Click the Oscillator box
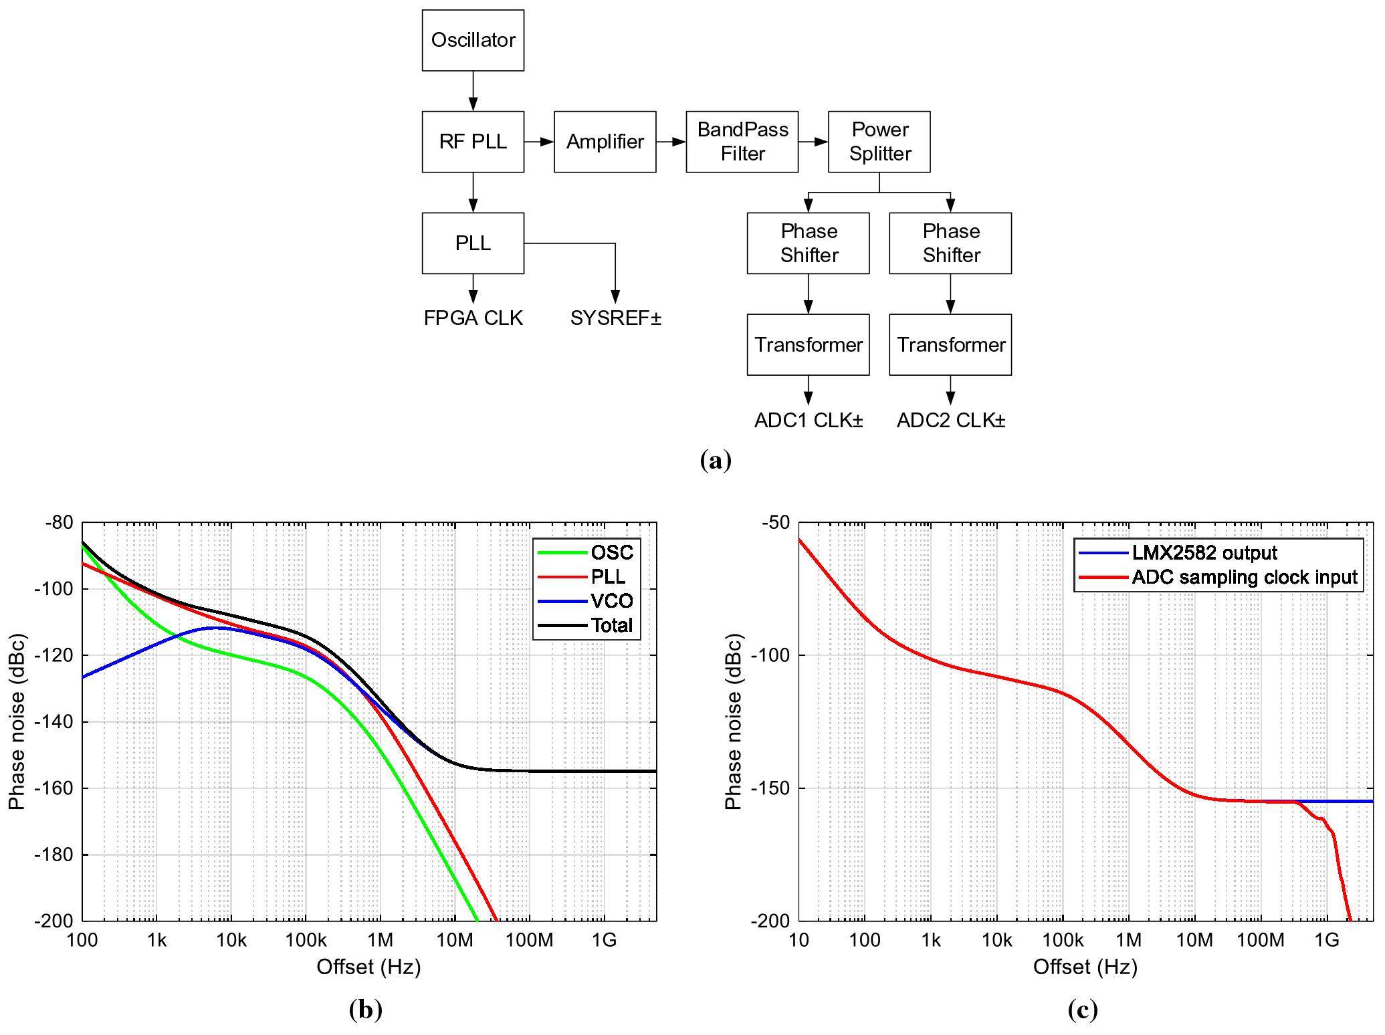point(473,40)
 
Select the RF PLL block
point(473,142)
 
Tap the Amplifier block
point(605,142)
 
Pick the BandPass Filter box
point(742,142)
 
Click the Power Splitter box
point(879,142)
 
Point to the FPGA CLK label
point(473,318)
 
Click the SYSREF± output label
point(615,318)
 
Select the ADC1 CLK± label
point(809,421)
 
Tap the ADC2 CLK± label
point(950,421)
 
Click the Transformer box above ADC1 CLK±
point(808,345)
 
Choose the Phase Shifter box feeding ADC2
point(950,243)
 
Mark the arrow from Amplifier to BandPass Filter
point(671,142)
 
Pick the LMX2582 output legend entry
point(1204,553)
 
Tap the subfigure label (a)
point(715,461)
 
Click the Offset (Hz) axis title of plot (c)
point(1085,967)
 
